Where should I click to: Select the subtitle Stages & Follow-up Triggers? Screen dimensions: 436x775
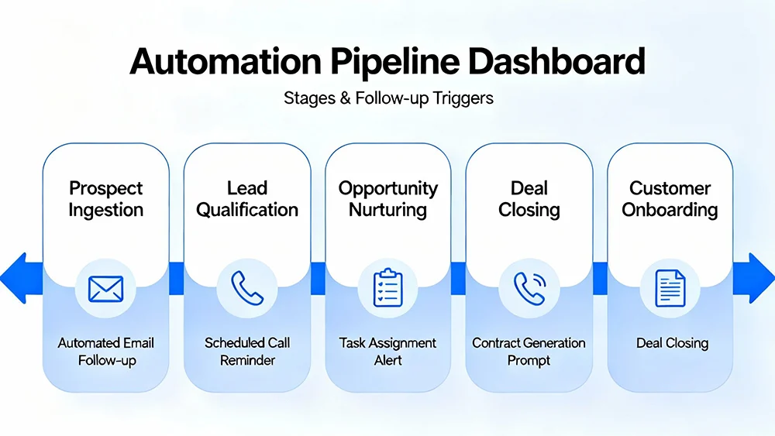[x=387, y=98]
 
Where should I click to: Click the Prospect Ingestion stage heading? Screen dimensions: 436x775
[x=106, y=199]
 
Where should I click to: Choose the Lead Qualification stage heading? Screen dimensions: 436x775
[x=247, y=199]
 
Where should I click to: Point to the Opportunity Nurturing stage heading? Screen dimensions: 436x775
[x=388, y=199]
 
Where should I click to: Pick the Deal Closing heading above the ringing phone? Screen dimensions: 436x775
[x=529, y=199]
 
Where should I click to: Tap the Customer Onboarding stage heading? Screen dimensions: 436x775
[x=670, y=199]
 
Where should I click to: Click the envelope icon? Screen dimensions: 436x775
[x=106, y=288]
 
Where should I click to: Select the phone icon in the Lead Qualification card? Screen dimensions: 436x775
[x=247, y=288]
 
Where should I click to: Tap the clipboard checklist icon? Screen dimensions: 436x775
[x=388, y=288]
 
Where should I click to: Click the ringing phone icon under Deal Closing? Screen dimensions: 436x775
[x=529, y=288]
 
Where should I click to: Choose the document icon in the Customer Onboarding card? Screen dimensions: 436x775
[x=670, y=288]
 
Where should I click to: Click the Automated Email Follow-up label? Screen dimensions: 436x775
[x=106, y=352]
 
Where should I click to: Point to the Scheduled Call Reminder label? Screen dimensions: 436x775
[x=247, y=352]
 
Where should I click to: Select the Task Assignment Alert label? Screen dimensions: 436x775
[x=388, y=352]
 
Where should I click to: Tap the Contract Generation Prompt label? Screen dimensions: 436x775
[x=529, y=352]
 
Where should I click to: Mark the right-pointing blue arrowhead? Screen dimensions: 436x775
[x=759, y=277]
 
